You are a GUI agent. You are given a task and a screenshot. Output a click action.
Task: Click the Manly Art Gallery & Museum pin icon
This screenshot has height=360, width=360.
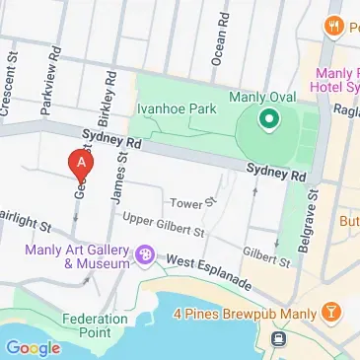tap(146, 256)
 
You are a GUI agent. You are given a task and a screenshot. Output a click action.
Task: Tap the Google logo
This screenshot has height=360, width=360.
tap(33, 347)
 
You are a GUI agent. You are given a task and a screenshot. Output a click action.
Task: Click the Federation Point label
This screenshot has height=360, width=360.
tap(95, 325)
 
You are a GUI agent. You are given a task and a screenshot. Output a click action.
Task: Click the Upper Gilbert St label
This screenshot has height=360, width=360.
tap(161, 226)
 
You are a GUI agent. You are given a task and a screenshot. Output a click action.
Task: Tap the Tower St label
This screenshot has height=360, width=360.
tap(195, 202)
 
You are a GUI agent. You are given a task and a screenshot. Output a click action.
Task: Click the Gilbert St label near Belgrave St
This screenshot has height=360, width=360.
tap(266, 256)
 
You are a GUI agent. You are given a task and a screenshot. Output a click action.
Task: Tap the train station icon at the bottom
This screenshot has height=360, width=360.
tap(280, 338)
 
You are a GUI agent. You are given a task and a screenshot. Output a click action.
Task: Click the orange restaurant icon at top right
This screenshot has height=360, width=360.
tap(335, 27)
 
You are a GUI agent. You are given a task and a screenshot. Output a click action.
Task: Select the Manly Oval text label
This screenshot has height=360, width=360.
tap(258, 97)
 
